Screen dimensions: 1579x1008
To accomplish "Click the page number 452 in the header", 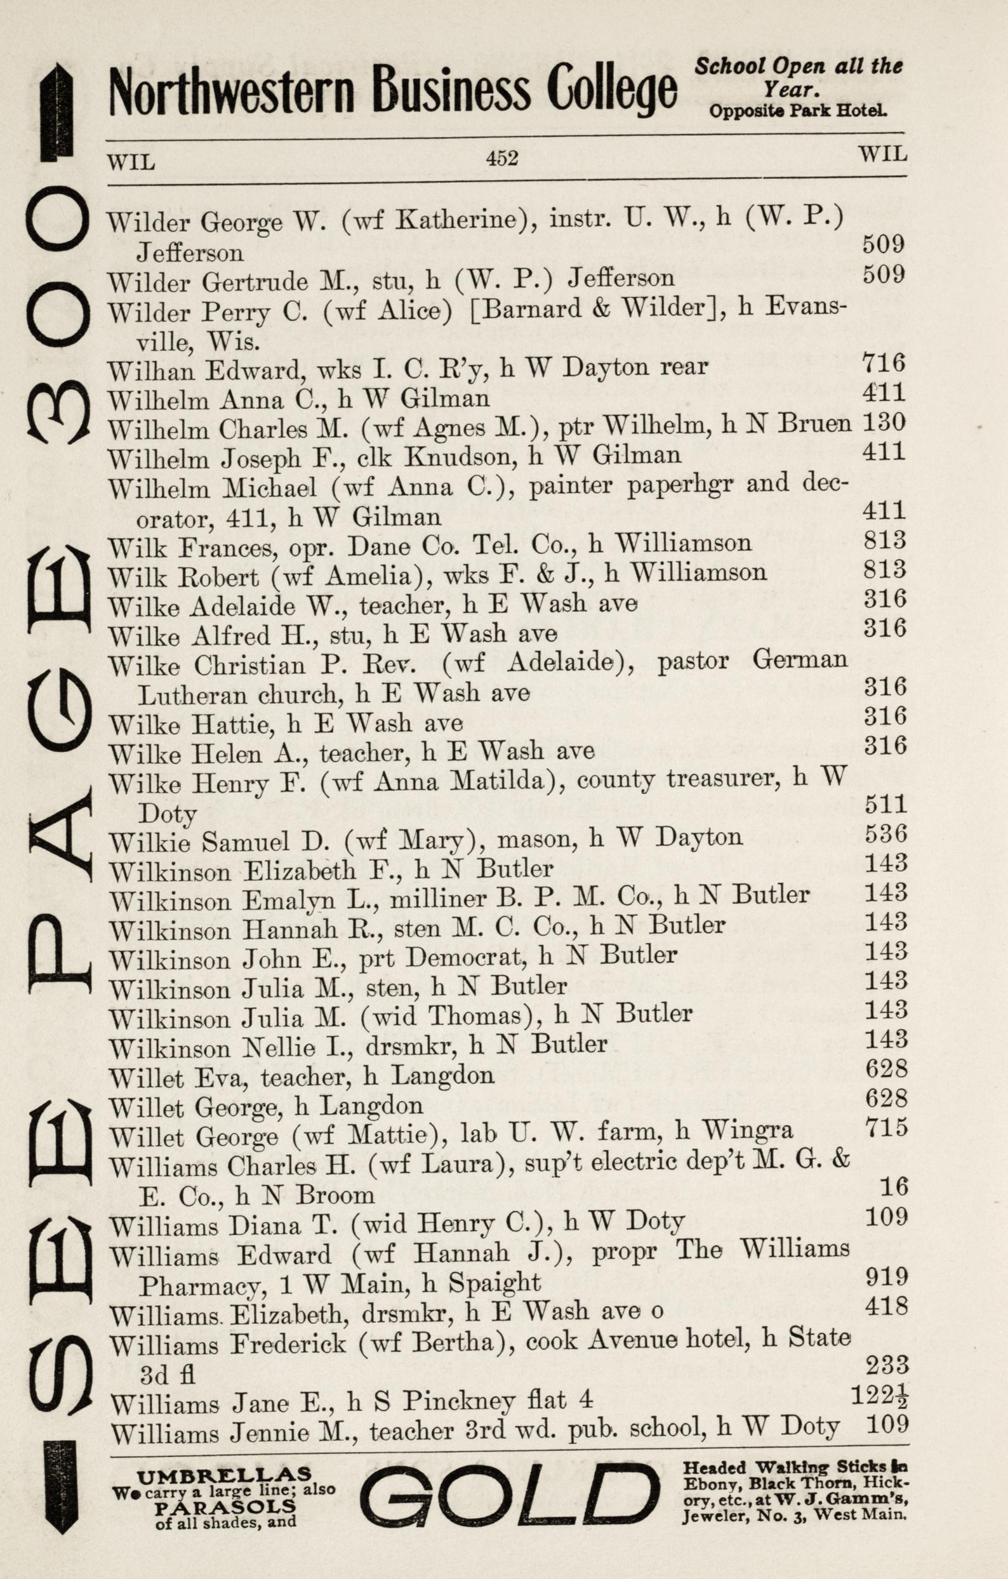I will [501, 158].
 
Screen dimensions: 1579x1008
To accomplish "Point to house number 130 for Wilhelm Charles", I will [885, 422].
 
